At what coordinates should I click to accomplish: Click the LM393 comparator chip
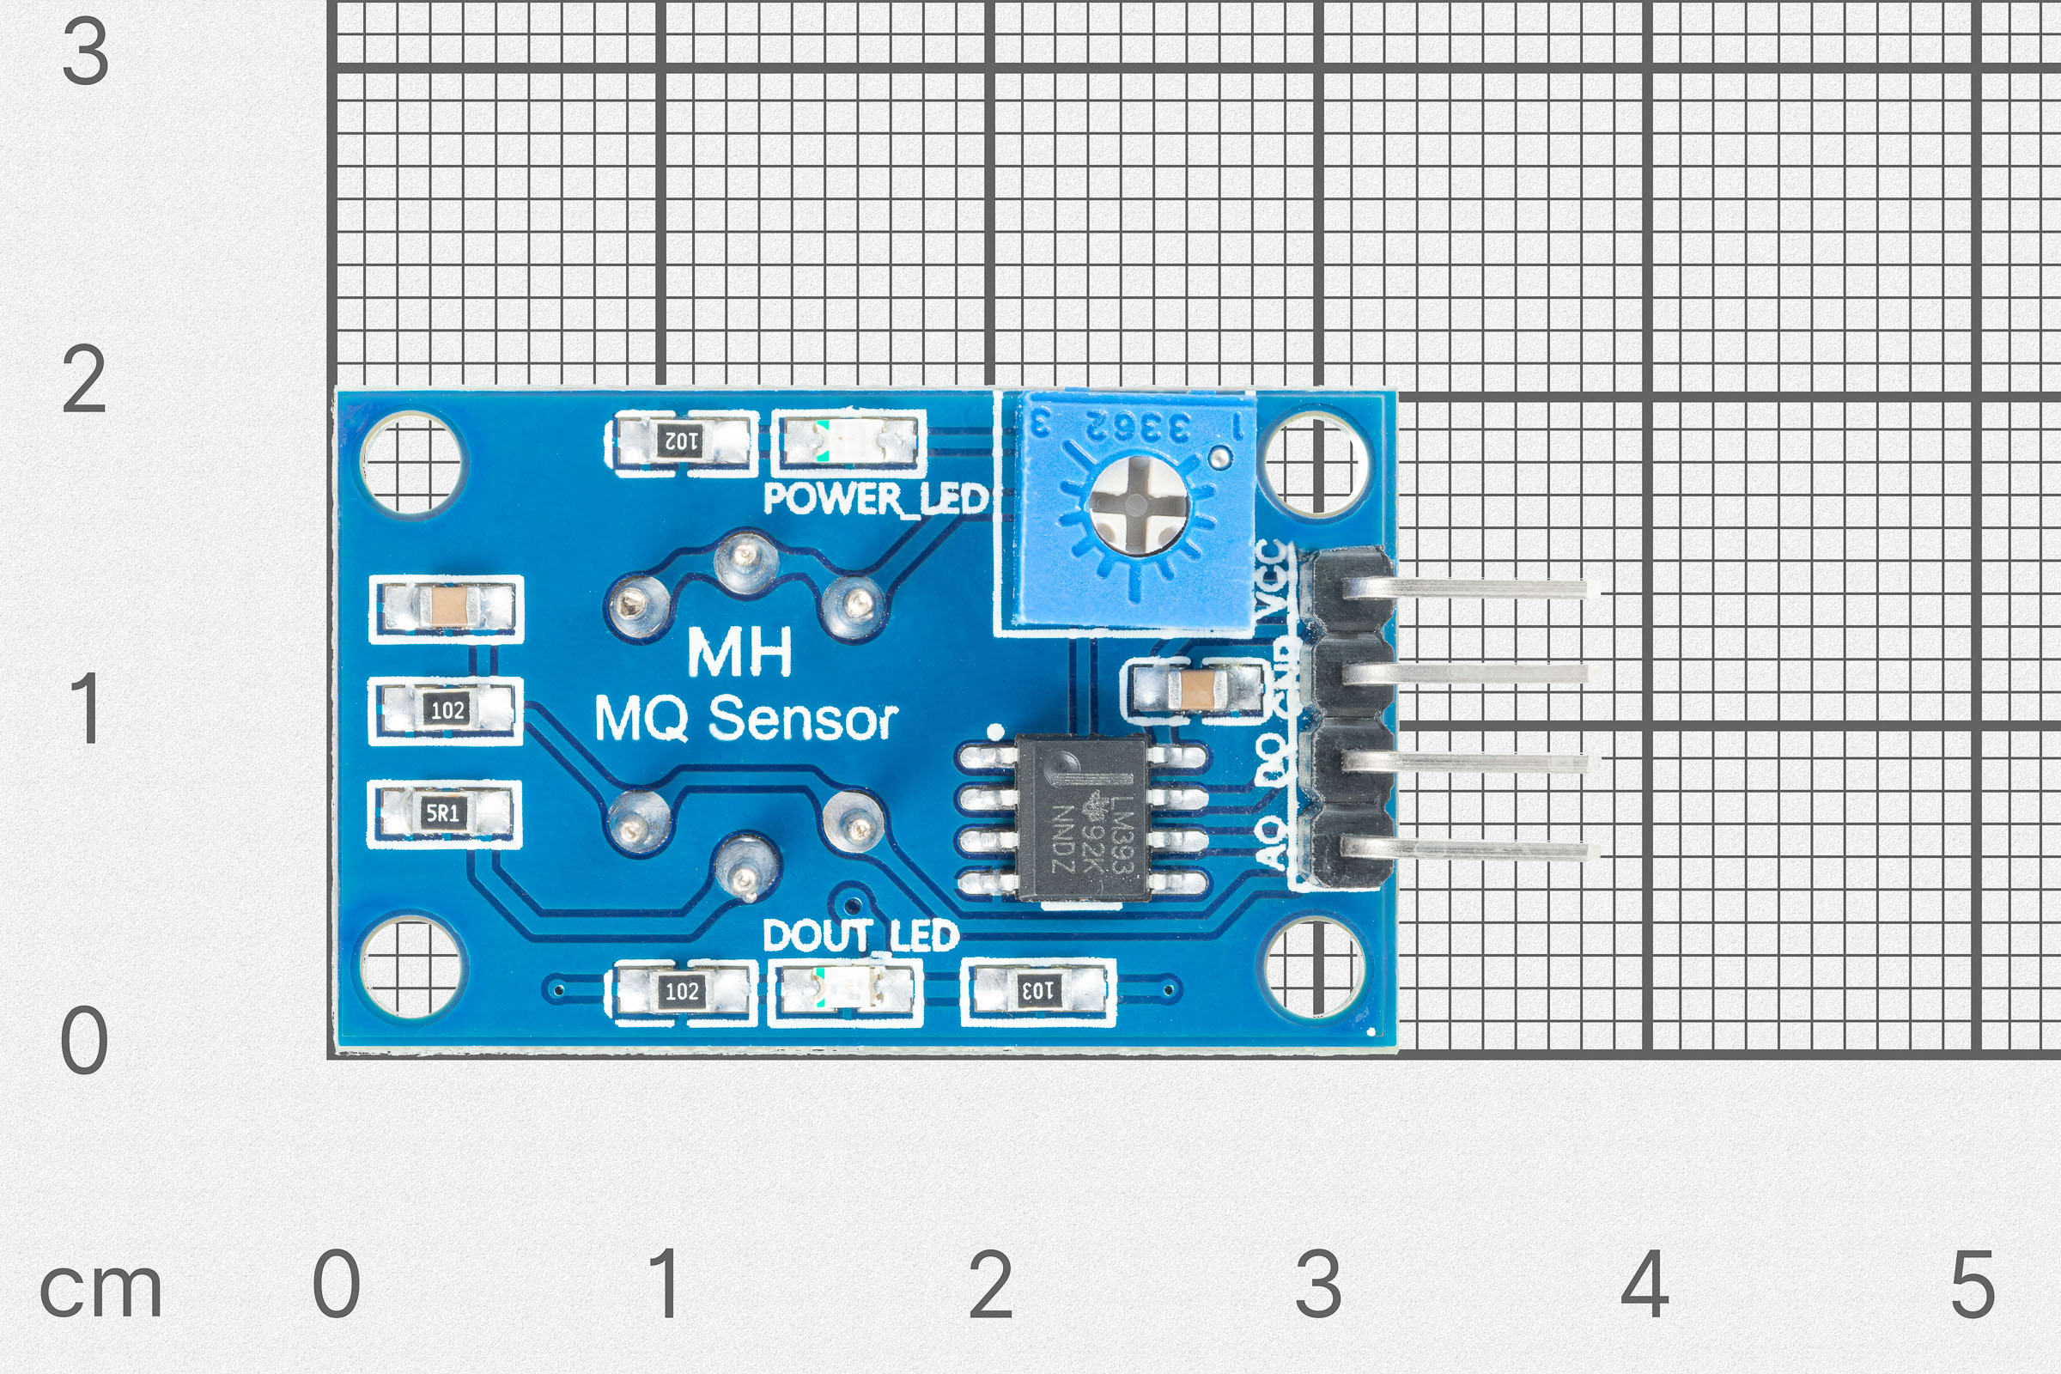pos(1083,818)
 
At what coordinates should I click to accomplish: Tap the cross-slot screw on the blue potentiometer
pos(1134,505)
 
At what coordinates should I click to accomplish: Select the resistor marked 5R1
pos(444,813)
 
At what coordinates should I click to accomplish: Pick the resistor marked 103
pos(1037,991)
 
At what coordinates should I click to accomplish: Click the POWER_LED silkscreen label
pos(875,500)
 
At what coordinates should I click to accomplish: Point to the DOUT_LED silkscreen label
pos(860,936)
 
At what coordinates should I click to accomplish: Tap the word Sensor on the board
pos(802,720)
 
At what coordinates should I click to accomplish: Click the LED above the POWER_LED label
pos(848,440)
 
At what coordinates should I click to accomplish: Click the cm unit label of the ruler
pos(100,1290)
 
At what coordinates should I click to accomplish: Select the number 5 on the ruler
pos(1973,1284)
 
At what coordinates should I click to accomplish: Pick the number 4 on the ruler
pos(1644,1284)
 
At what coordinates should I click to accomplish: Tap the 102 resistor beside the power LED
pos(680,440)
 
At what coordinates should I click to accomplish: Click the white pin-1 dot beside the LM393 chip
pos(994,730)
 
